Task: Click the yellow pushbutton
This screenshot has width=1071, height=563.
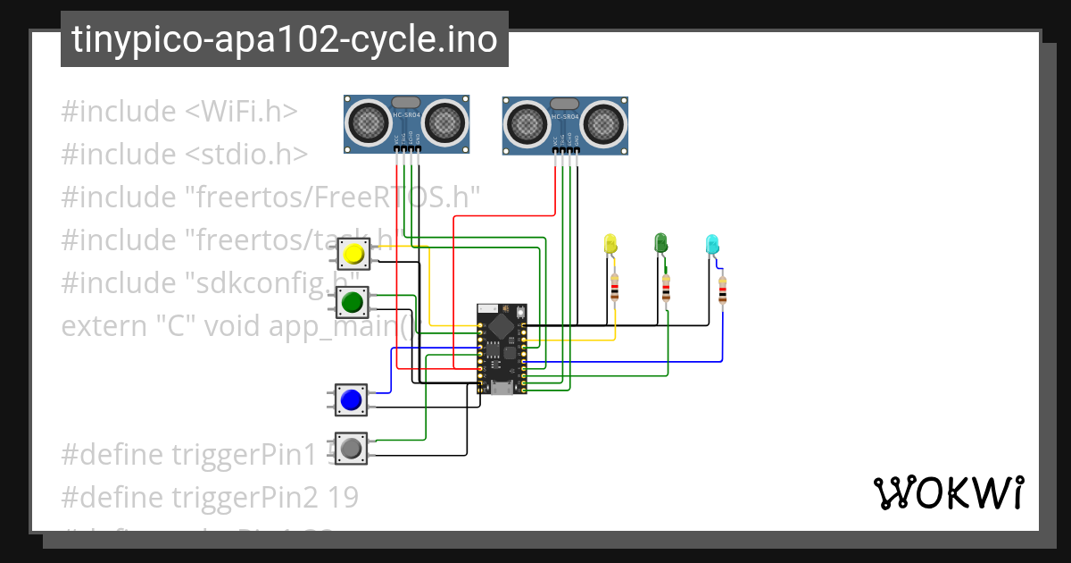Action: pyautogui.click(x=353, y=255)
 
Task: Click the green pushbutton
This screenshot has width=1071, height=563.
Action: pyautogui.click(x=352, y=302)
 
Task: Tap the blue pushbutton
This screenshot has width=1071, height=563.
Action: pyautogui.click(x=351, y=399)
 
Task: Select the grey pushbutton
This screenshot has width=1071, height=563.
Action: pyautogui.click(x=351, y=448)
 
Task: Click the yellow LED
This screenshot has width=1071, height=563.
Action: pyautogui.click(x=610, y=242)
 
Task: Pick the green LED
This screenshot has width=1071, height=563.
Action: pyautogui.click(x=661, y=242)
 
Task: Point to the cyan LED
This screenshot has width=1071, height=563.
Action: pyautogui.click(x=712, y=243)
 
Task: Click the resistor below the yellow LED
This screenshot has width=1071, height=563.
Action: pyautogui.click(x=614, y=287)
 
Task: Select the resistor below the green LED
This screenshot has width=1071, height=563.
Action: pyautogui.click(x=666, y=288)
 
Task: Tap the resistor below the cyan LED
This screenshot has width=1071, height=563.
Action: pyautogui.click(x=722, y=290)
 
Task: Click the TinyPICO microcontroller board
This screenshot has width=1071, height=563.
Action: pyautogui.click(x=502, y=349)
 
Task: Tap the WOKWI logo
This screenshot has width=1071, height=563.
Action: pyautogui.click(x=947, y=492)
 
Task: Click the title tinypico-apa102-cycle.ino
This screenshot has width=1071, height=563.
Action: pyautogui.click(x=284, y=39)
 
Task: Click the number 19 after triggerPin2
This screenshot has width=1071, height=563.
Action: pyautogui.click(x=343, y=497)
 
